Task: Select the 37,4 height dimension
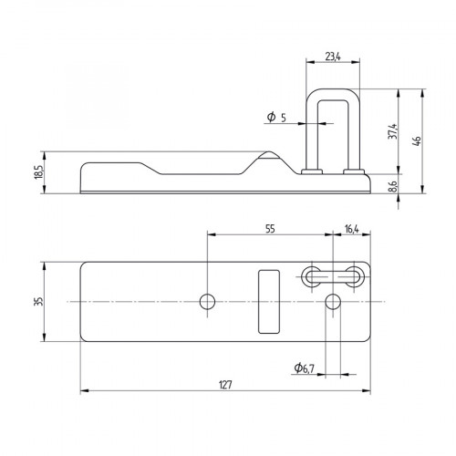(393, 132)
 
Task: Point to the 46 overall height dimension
(418, 140)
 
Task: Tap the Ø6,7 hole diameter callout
(306, 368)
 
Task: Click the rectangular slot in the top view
(267, 301)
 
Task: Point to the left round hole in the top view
(208, 301)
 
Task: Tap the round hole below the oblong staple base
(334, 301)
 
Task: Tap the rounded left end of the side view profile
(85, 175)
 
